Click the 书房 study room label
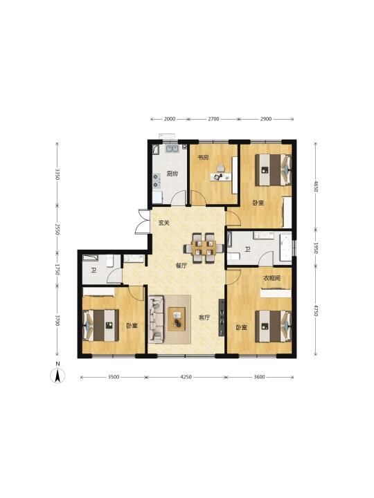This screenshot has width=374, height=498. coord(203,157)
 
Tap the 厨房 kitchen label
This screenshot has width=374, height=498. coord(172,174)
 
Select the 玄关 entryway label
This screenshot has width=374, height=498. coord(163,223)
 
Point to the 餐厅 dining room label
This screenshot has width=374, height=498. coord(181,266)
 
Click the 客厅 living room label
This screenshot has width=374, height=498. coord(204,317)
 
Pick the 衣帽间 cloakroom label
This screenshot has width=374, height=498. coord(272,278)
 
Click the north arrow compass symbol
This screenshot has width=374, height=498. coord(57,376)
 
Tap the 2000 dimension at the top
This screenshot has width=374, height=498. coord(170,119)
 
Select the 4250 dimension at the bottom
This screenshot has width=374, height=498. coord(186,377)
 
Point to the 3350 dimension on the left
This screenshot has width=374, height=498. coord(57,174)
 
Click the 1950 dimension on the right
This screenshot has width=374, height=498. coord(316,248)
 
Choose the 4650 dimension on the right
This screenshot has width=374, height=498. coord(316,187)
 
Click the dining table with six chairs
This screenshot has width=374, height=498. coord(204,248)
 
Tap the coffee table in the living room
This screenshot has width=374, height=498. coord(177,319)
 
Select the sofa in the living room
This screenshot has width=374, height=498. coord(156,319)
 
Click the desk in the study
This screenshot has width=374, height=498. coord(221,176)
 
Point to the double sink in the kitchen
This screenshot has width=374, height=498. coord(172,148)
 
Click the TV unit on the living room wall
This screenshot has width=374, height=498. coord(222,317)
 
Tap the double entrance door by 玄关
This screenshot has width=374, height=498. coord(143,222)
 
